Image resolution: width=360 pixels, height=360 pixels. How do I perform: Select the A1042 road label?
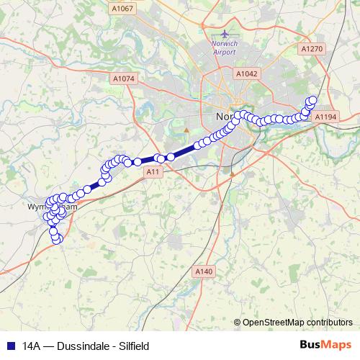click(246, 73)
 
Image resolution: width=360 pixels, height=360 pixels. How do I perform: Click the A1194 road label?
click(326, 116)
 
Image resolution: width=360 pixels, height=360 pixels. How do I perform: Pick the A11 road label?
click(152, 173)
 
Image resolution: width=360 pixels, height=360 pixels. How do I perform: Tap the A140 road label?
click(204, 271)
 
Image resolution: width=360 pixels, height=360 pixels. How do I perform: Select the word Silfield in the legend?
click(134, 346)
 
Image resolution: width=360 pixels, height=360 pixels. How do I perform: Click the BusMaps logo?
click(325, 345)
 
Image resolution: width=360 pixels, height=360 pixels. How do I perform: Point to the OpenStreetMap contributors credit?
click(297, 322)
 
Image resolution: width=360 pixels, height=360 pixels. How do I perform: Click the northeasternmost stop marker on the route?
click(312, 101)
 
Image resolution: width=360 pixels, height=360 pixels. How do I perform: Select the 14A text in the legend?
click(31, 346)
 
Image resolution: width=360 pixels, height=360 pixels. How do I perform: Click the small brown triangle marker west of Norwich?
click(186, 130)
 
